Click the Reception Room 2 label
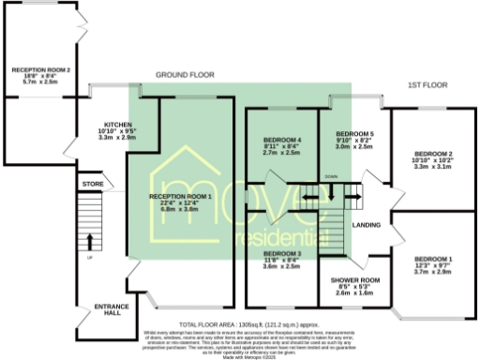pos(41,69)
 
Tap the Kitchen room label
pos(117,124)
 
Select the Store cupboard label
pos(92,184)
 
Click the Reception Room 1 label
pos(181,196)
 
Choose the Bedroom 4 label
pos(281,140)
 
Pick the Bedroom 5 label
pos(354,134)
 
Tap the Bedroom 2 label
pos(433,153)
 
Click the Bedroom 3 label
pos(281,253)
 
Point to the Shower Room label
pos(354,279)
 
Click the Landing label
pos(366,226)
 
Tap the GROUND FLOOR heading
pos(185,74)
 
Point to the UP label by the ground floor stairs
pos(90,258)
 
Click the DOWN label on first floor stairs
pos(331,176)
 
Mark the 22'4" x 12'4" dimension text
pos(181,202)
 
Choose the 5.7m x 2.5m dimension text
pos(41,82)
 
